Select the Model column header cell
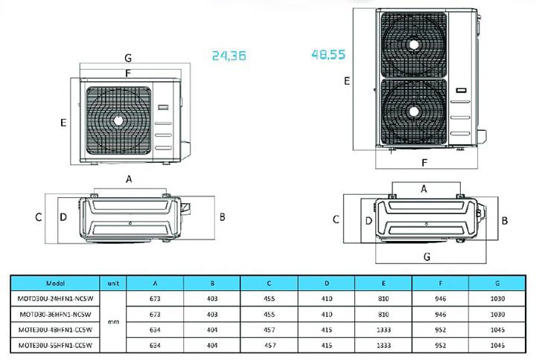tap(56, 283)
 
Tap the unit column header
tap(114, 283)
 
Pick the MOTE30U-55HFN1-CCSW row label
tap(56, 345)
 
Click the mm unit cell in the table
tap(114, 322)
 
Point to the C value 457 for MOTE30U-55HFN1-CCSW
tap(269, 345)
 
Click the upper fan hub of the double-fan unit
tap(413, 44)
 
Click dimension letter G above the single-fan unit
tap(128, 57)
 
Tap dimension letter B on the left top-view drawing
tap(222, 216)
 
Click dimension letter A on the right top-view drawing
tap(424, 189)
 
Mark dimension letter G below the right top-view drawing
tap(427, 257)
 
